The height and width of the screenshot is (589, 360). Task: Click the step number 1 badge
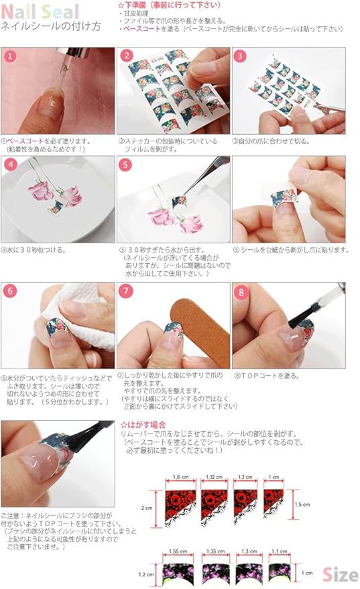click(9, 56)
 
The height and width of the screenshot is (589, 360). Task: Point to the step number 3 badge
click(240, 56)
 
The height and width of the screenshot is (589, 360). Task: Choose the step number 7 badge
click(125, 291)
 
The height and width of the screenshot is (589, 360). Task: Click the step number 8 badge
click(240, 291)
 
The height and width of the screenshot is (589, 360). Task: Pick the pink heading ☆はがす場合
click(142, 425)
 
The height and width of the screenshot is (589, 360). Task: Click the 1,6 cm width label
click(180, 476)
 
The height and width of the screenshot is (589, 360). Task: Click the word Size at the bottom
click(340, 574)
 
